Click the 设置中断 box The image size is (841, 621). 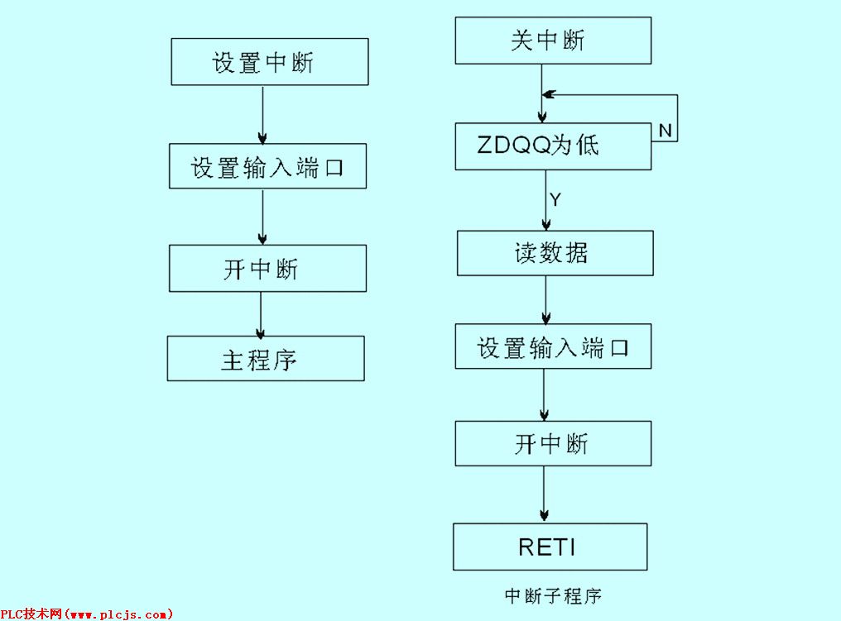point(269,62)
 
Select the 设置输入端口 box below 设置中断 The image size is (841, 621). point(267,168)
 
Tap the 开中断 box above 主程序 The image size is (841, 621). point(267,269)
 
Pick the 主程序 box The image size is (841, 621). point(265,359)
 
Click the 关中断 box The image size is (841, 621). point(552,41)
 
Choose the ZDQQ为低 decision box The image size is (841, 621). point(553,146)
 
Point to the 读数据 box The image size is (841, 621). point(555,253)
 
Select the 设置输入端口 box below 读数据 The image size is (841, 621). point(553,346)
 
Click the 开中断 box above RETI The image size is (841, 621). point(552,443)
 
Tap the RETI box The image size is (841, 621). point(549,547)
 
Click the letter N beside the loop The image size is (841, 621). point(666,131)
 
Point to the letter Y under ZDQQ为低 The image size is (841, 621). point(555,200)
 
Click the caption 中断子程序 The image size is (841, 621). point(552,595)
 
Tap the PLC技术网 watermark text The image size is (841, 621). point(87,614)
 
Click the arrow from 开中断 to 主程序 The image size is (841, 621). point(262,313)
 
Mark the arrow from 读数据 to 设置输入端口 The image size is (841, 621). point(545,300)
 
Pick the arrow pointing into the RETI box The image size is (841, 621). point(544,494)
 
